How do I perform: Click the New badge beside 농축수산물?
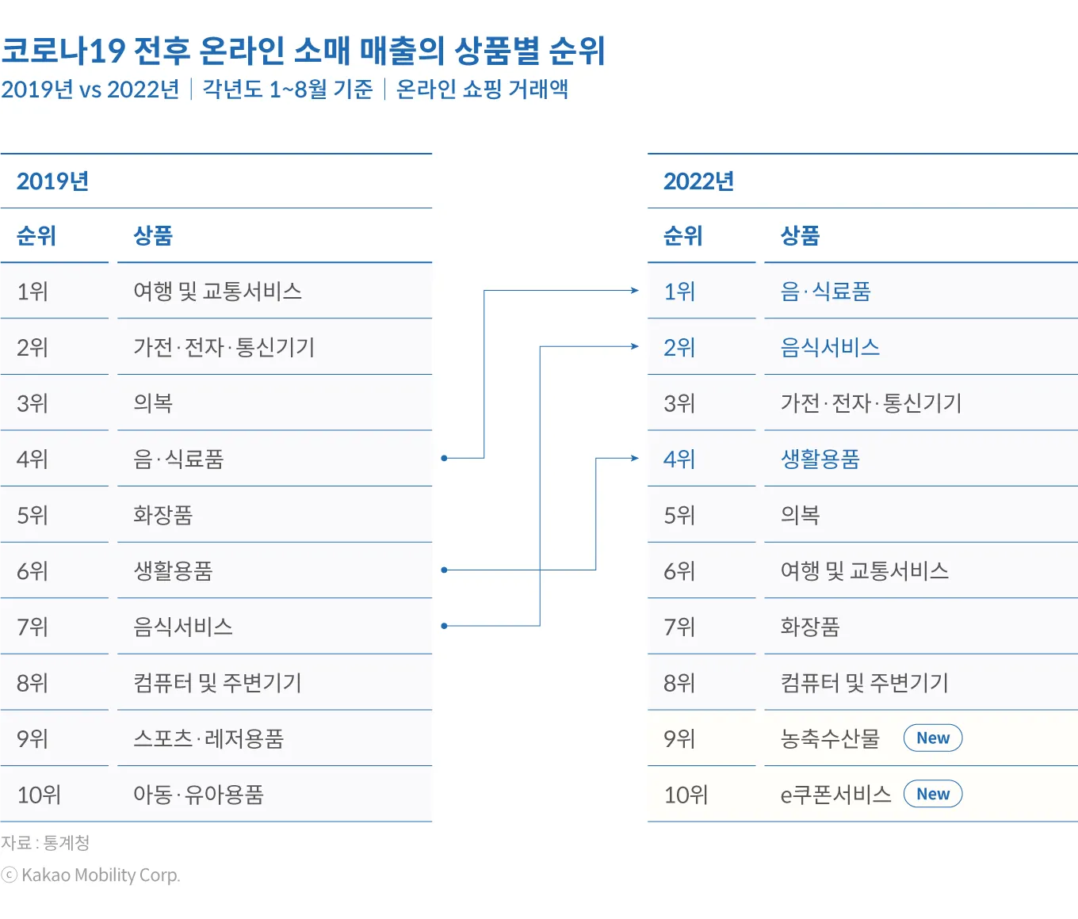pos(933,738)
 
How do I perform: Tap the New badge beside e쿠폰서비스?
pos(933,794)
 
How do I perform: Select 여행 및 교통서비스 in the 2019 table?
pos(217,292)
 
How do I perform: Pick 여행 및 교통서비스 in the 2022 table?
pos(864,571)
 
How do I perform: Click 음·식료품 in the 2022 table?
pos(825,292)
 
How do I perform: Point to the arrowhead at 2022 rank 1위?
pos(634,291)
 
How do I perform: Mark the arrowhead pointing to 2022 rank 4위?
pos(634,458)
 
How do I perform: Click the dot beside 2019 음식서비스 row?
pos(445,626)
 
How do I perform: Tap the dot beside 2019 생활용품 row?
pos(445,570)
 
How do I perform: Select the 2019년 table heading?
pos(52,181)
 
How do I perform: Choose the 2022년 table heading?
pos(698,181)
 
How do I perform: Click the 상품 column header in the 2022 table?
pos(800,235)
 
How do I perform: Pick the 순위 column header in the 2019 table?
pos(36,235)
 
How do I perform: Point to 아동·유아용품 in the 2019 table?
pos(198,795)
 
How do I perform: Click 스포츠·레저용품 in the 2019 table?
pos(208,738)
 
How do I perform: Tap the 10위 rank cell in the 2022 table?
pos(686,795)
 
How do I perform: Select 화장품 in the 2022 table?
pos(810,627)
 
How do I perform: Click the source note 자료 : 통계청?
pos(45,843)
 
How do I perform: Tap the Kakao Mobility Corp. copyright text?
pos(92,875)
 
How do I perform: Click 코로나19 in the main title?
pos(63,51)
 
